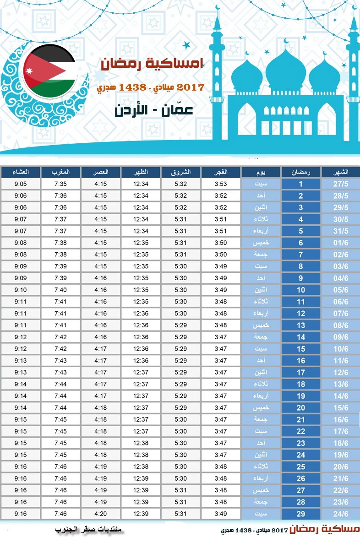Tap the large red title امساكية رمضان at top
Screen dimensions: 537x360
(x=153, y=65)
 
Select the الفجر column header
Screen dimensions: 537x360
(x=221, y=172)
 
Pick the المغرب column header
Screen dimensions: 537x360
(x=61, y=172)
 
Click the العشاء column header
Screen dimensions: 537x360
(x=21, y=172)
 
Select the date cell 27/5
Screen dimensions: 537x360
(x=340, y=184)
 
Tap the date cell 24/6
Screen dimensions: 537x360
(x=340, y=514)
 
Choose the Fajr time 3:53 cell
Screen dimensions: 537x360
(x=221, y=184)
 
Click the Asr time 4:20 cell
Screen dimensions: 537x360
(x=101, y=514)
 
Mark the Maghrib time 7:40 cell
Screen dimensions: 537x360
(x=61, y=290)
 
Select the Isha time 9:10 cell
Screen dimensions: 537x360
(x=21, y=290)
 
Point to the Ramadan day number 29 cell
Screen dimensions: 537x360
(x=301, y=514)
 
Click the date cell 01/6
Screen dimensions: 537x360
(x=340, y=243)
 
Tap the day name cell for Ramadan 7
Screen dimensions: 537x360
(x=261, y=255)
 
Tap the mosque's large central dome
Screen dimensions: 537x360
(x=285, y=69)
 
